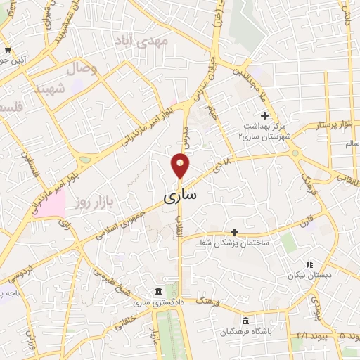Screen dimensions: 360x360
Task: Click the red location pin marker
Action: tap(181, 166)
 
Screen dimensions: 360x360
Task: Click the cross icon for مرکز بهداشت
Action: tap(264, 115)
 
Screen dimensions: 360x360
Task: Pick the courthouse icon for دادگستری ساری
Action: tap(157, 291)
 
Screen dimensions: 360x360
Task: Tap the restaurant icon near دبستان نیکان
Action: tap(309, 264)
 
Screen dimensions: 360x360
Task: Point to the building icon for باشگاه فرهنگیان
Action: tap(245, 320)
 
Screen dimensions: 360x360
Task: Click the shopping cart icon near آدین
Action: tap(7, 50)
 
